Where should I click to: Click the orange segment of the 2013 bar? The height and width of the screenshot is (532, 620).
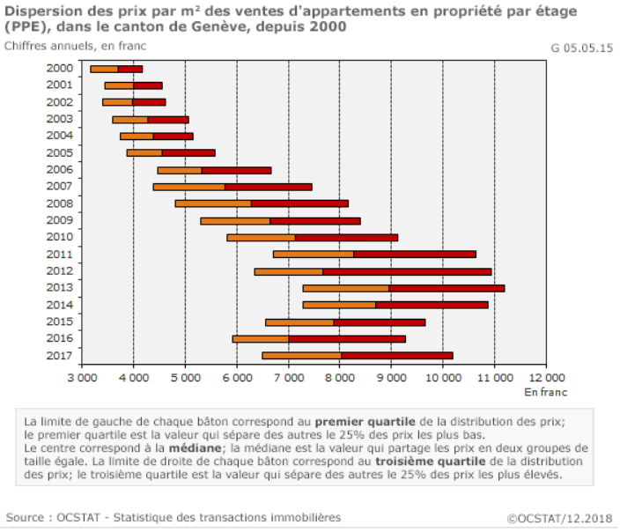tap(345, 288)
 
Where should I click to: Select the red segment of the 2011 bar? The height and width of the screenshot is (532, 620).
tap(414, 255)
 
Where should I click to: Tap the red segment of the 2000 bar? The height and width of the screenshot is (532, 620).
tap(129, 69)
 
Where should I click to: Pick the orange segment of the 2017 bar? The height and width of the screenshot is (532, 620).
tap(301, 356)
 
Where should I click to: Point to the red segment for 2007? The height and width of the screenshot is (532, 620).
tap(268, 187)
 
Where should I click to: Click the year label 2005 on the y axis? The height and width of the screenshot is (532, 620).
tap(59, 152)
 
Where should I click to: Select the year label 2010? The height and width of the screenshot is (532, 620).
tap(59, 237)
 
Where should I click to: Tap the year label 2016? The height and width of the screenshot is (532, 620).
tap(59, 338)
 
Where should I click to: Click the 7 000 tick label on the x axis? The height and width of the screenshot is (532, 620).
tap(288, 378)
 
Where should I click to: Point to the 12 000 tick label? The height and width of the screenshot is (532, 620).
tap(547, 378)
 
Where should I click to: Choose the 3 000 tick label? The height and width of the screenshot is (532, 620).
tap(82, 378)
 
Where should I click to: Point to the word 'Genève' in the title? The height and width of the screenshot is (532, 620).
tap(237, 27)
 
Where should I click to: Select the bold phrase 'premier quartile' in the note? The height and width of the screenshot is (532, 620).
tap(364, 421)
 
